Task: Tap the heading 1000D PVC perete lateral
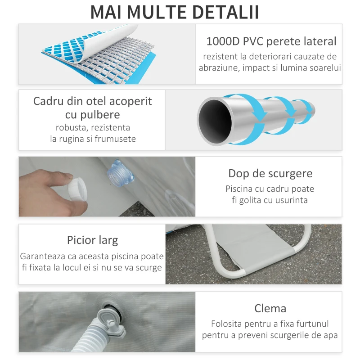[271, 41]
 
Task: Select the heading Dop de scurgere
[270, 174]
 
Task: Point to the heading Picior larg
[93, 240]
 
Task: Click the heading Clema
[270, 308]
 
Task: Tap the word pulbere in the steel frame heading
[100, 115]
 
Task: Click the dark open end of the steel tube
[215, 121]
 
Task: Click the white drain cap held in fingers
[77, 189]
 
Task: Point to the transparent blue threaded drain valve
[120, 173]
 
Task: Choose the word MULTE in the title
[157, 12]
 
